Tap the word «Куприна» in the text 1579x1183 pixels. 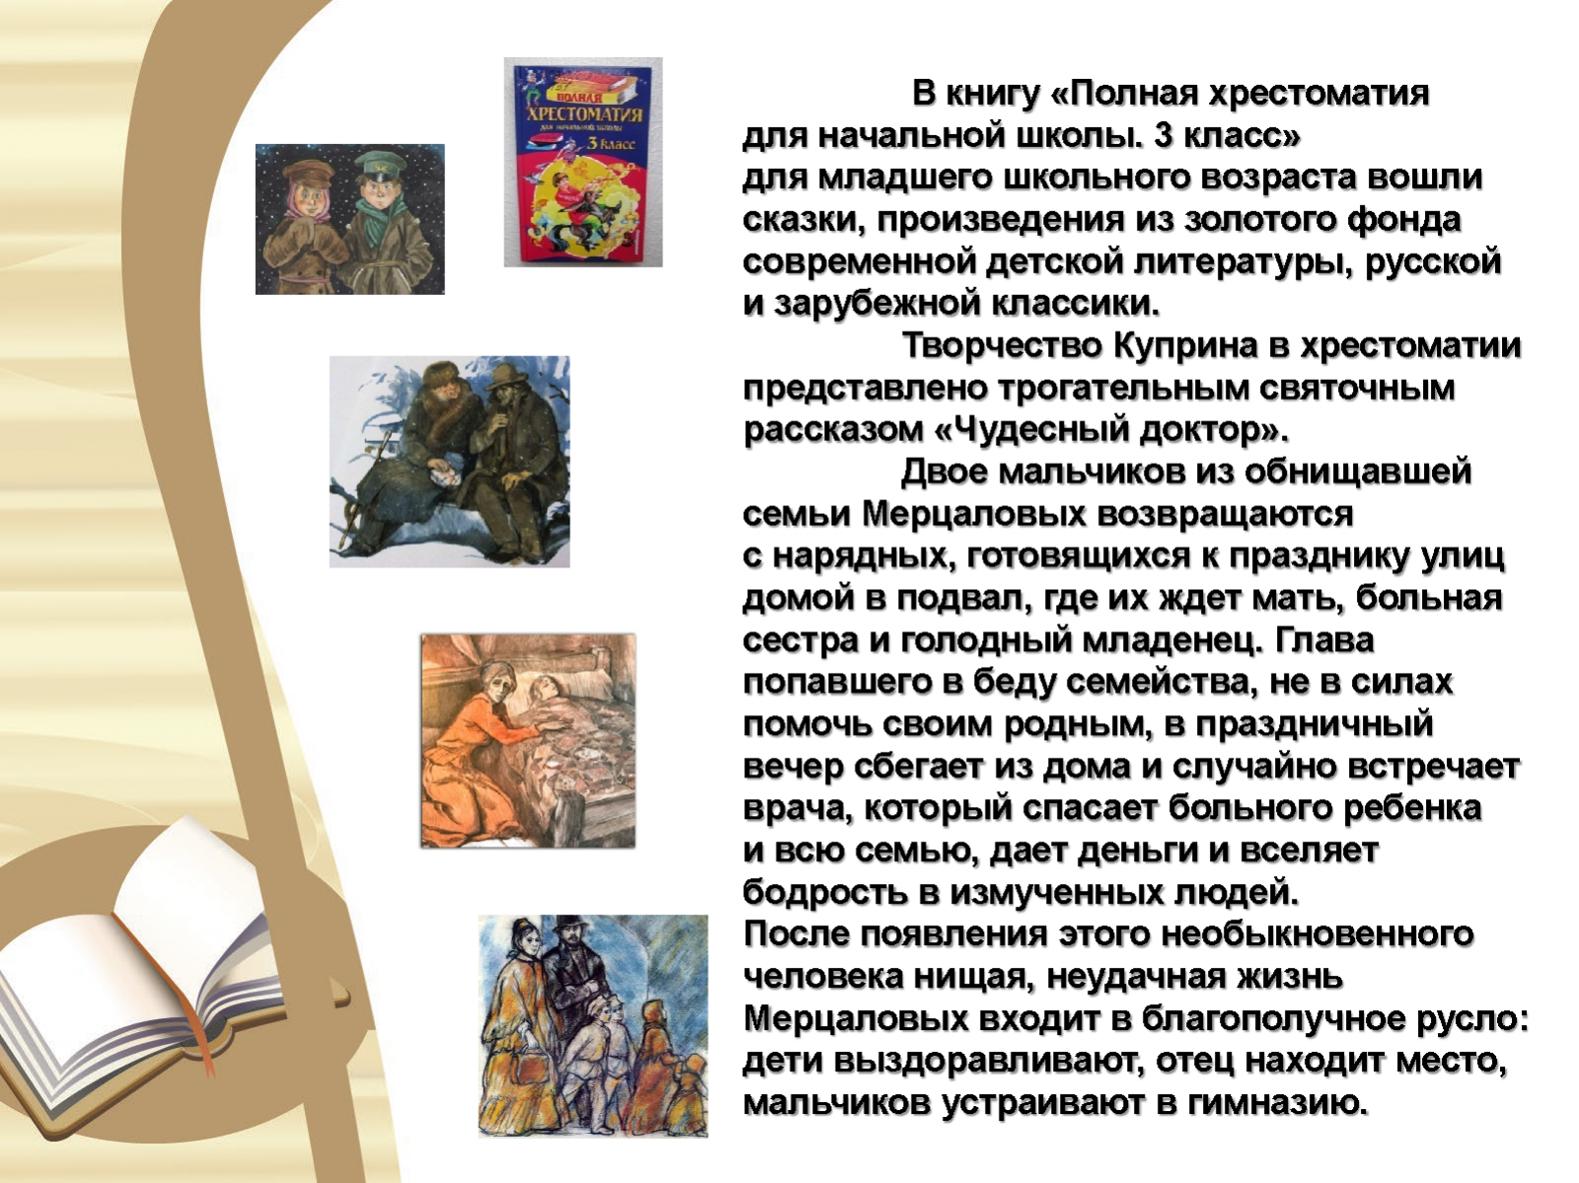(x=1185, y=346)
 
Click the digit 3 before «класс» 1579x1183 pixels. (x=1164, y=135)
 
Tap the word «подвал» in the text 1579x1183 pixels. (x=954, y=599)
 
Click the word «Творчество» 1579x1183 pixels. (x=1001, y=346)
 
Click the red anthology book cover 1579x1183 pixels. (x=582, y=162)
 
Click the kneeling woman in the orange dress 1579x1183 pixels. (x=468, y=748)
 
